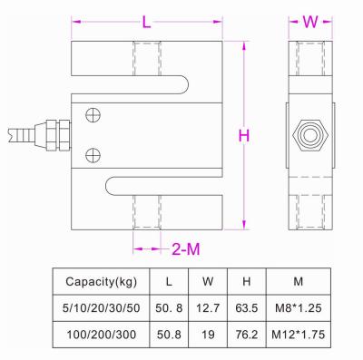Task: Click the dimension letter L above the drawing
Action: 145,19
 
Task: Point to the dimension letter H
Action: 243,136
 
